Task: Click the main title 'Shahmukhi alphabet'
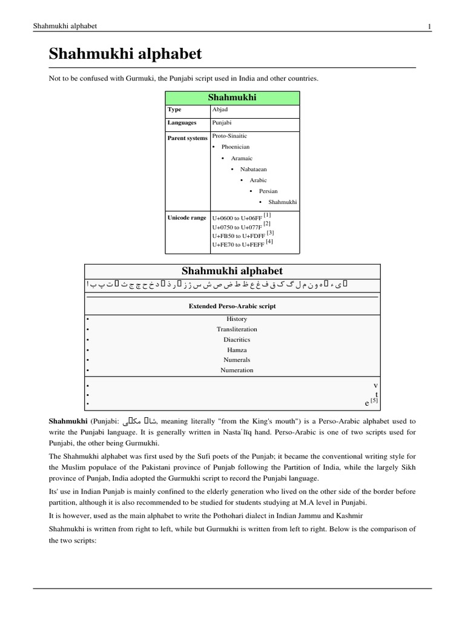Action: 125,54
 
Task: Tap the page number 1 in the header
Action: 429,26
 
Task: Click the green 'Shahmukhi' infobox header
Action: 232,97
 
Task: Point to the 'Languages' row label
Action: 182,123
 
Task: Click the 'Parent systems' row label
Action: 187,138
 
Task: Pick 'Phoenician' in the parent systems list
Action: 236,147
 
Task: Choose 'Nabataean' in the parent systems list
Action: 254,169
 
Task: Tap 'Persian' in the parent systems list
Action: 268,191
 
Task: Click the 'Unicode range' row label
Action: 186,217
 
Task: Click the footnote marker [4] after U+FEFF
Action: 269,242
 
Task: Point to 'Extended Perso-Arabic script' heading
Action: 232,306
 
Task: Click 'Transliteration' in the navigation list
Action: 237,329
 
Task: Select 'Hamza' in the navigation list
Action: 237,350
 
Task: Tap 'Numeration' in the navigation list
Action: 237,370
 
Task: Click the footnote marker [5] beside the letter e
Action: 374,400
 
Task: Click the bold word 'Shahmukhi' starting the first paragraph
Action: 68,421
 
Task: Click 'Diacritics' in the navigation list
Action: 237,340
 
